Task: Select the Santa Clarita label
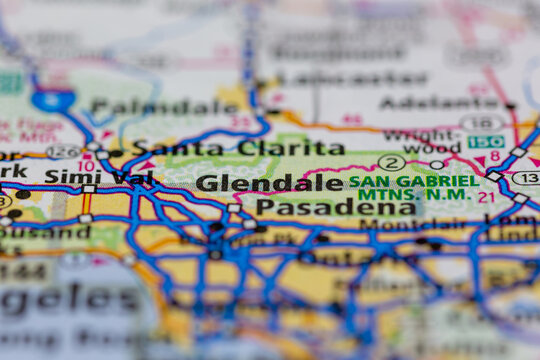click(238, 148)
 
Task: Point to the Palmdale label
click(164, 106)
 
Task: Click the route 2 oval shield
click(392, 162)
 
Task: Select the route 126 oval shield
click(63, 152)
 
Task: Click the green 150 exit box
click(485, 142)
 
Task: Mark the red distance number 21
click(486, 197)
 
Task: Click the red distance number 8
click(494, 158)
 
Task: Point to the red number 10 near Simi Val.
click(87, 166)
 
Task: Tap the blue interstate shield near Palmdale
click(52, 100)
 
